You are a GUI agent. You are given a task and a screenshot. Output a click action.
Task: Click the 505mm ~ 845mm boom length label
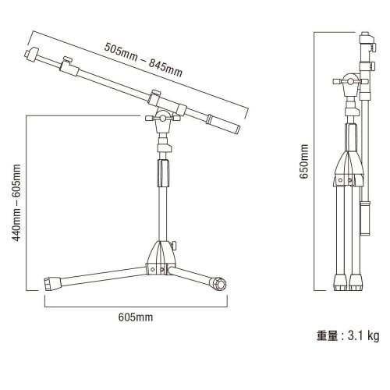click(x=144, y=58)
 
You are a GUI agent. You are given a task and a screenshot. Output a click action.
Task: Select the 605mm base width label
click(x=135, y=317)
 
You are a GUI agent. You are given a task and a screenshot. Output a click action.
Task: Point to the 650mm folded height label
click(x=305, y=161)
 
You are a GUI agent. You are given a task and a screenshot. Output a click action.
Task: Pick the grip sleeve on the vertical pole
click(x=163, y=172)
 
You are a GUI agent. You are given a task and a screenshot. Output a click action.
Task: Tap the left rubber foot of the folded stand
click(x=339, y=282)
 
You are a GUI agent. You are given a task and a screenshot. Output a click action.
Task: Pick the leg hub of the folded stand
click(x=349, y=168)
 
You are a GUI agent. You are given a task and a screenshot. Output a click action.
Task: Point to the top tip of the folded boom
click(x=363, y=37)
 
